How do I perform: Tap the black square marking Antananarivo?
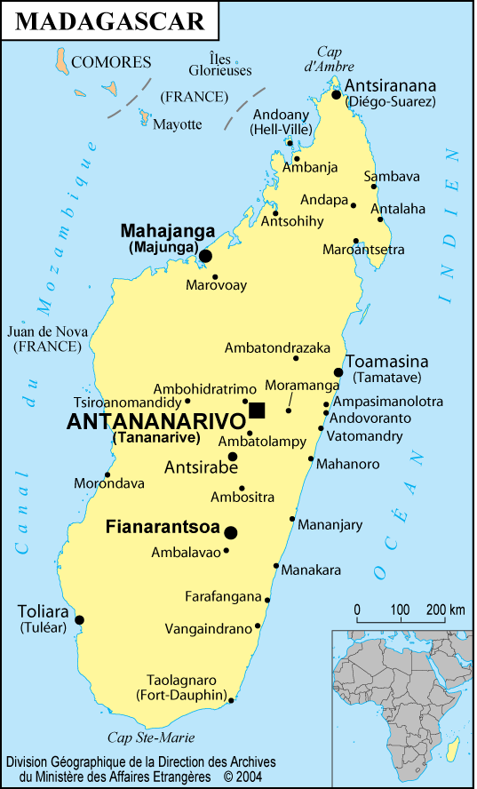click(x=257, y=410)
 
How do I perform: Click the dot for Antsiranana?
click(x=337, y=94)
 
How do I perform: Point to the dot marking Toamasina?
click(x=338, y=372)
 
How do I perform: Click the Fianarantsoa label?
click(x=163, y=526)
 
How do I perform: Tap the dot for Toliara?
click(x=79, y=620)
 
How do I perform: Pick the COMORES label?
click(x=111, y=62)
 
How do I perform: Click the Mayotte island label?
click(x=178, y=124)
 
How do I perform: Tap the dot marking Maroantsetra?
click(x=356, y=240)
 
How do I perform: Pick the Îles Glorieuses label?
click(x=219, y=64)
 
